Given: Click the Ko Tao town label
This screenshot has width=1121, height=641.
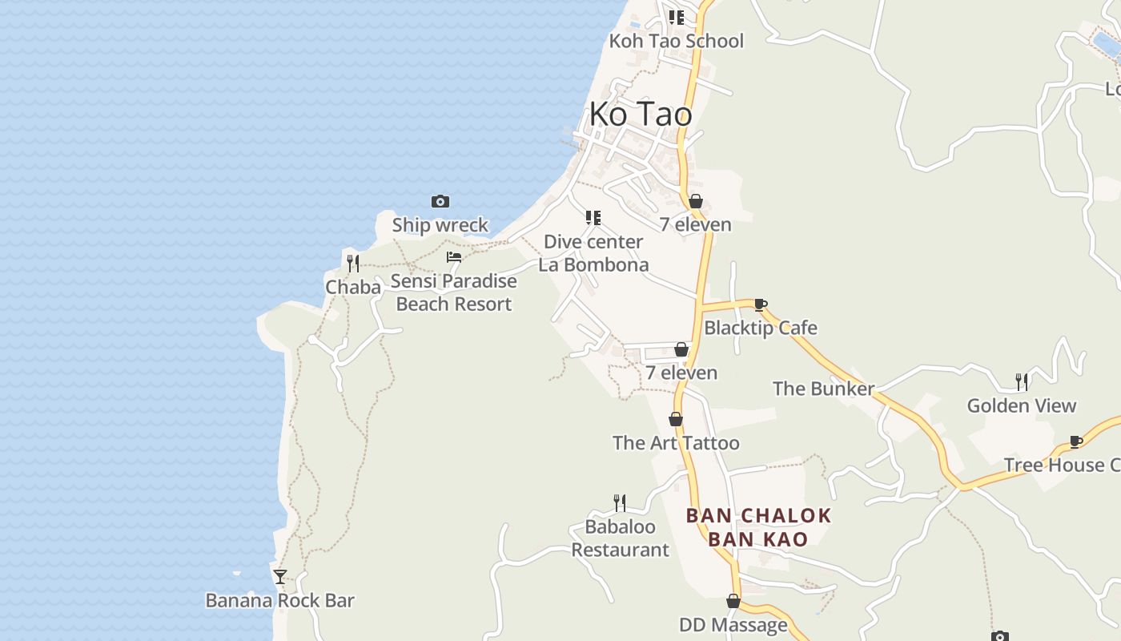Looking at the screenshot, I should click(x=641, y=115).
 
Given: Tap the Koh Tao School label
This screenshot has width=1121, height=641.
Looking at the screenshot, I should click(x=677, y=41).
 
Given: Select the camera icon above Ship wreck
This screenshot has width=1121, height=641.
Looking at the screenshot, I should click(x=440, y=201).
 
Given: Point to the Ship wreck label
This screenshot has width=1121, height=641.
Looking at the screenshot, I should click(x=440, y=225).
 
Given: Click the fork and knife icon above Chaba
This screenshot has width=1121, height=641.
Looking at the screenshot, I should click(x=352, y=263).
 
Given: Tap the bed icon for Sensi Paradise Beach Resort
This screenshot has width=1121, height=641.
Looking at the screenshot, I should click(x=454, y=257).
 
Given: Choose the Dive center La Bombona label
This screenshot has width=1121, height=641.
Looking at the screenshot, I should click(x=593, y=253).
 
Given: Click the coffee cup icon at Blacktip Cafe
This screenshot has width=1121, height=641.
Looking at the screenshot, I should click(x=760, y=304).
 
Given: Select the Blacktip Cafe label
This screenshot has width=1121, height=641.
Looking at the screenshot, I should click(x=760, y=328).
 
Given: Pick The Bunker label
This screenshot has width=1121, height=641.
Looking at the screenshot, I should click(x=823, y=389).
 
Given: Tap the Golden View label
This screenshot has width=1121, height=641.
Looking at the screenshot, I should click(x=1022, y=405).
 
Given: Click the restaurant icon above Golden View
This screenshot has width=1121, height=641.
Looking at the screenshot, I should click(x=1022, y=381).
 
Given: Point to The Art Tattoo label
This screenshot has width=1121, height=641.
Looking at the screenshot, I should click(x=676, y=443).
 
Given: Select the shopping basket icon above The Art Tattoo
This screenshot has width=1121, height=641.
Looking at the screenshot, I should click(x=676, y=419).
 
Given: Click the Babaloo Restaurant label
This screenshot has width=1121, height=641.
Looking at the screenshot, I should click(x=620, y=538).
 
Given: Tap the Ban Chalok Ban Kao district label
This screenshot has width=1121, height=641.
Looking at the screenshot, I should click(x=758, y=527).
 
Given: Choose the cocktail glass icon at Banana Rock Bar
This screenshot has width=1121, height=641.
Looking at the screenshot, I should click(x=279, y=576).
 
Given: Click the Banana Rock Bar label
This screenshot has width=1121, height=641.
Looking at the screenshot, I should click(x=279, y=600).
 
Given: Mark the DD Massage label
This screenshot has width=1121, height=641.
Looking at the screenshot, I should click(x=733, y=625).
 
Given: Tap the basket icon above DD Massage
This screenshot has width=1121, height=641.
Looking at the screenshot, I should click(x=733, y=601).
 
